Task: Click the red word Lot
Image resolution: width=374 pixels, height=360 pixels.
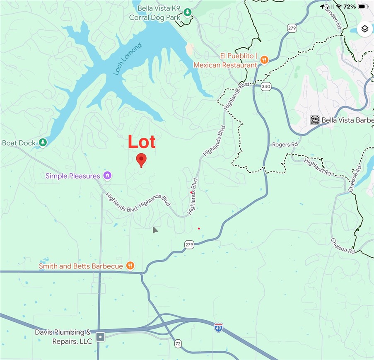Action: click(x=142, y=142)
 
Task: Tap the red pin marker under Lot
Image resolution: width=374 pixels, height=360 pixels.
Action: click(x=141, y=159)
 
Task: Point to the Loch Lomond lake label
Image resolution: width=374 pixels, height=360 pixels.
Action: click(x=128, y=59)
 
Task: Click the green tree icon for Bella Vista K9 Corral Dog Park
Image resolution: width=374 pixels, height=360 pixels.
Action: click(x=188, y=12)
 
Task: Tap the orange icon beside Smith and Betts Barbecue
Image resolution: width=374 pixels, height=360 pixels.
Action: click(x=130, y=266)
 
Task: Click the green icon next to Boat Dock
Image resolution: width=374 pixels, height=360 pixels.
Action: click(x=43, y=143)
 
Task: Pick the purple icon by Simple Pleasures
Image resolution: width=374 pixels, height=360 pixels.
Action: click(x=107, y=176)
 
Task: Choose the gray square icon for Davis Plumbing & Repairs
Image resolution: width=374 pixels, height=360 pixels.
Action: click(x=100, y=337)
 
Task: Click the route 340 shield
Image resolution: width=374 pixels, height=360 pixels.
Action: click(x=266, y=87)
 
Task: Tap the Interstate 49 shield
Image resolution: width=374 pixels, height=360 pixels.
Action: click(x=219, y=327)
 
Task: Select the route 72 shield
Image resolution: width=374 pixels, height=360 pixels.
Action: click(x=178, y=343)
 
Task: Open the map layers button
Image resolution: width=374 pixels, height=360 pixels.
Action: click(x=364, y=29)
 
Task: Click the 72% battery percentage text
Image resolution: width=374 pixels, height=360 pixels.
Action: click(x=349, y=7)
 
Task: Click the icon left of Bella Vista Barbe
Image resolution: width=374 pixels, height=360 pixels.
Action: click(x=315, y=120)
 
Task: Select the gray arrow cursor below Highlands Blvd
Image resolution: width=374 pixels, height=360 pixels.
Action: click(x=154, y=230)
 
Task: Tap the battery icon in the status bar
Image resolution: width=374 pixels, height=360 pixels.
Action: click(x=363, y=7)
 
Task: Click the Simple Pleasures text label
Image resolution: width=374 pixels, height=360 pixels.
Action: click(x=73, y=176)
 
